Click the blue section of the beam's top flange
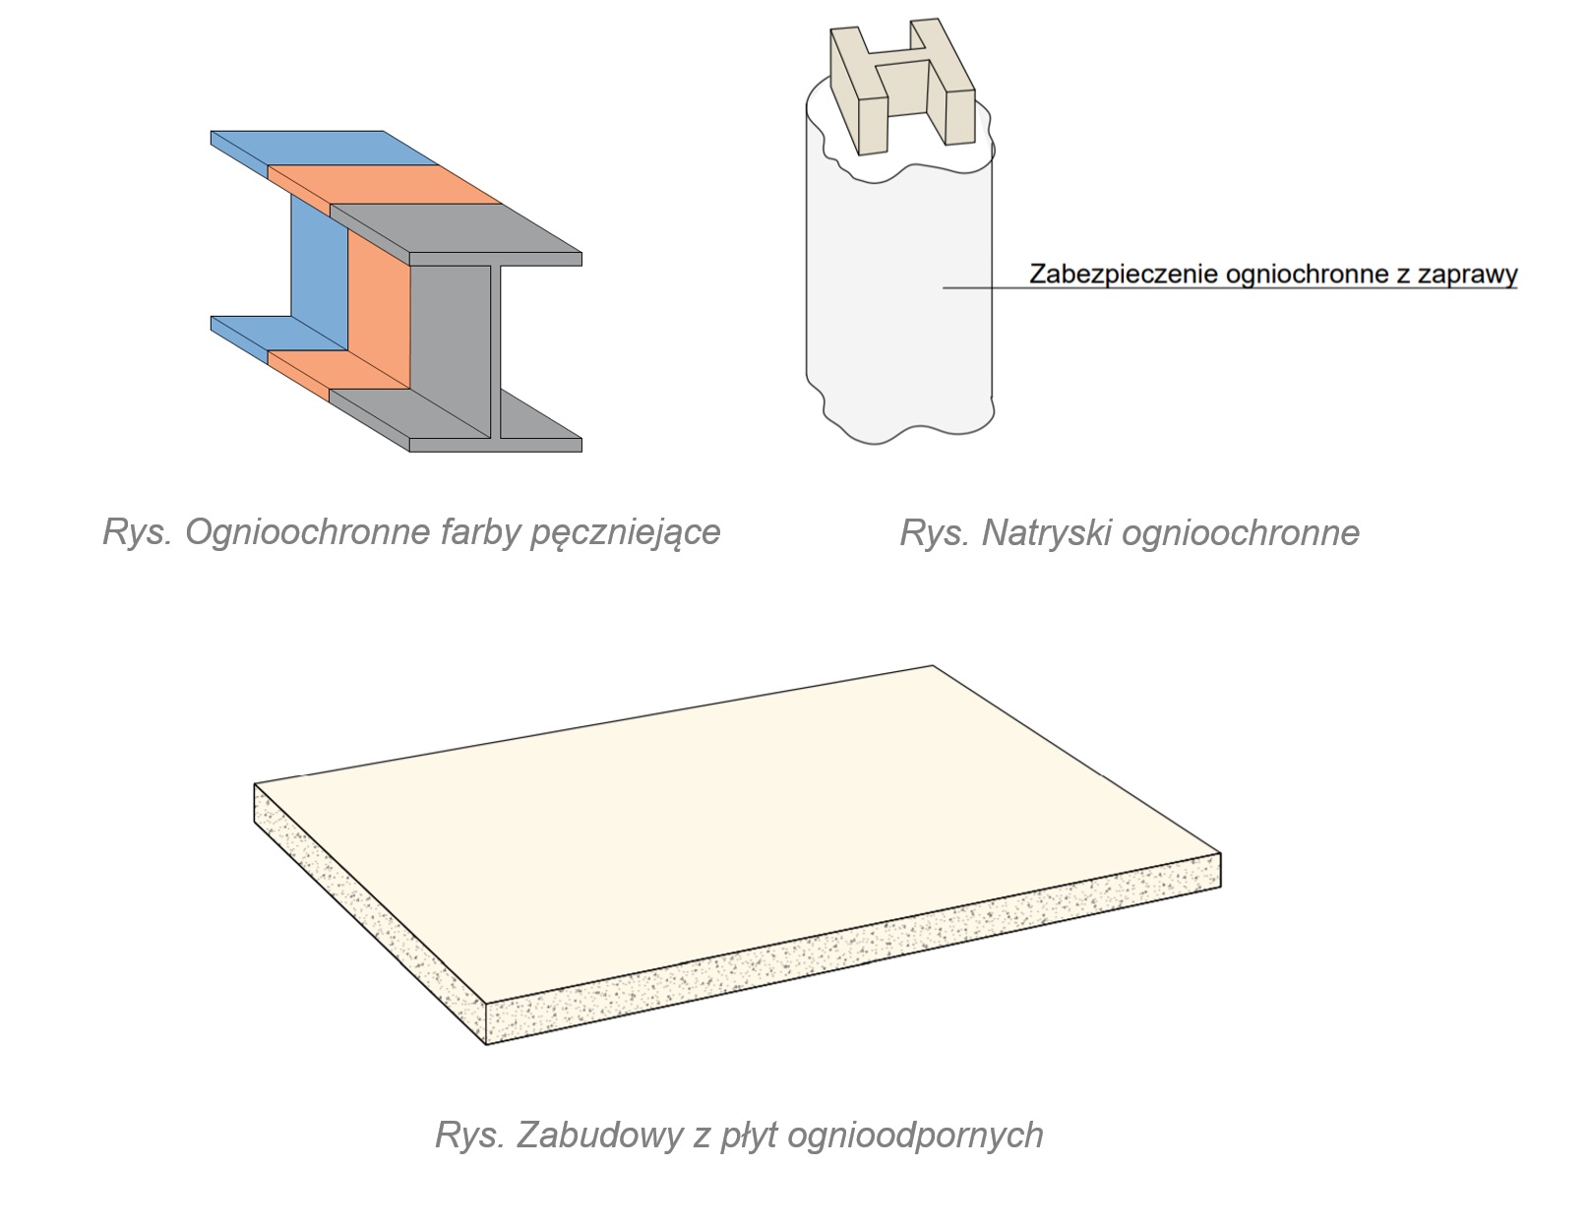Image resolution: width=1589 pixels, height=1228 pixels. pyautogui.click(x=325, y=148)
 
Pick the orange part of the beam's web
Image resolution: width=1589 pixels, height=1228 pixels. pyautogui.click(x=378, y=315)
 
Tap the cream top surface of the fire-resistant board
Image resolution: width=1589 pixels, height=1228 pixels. pyautogui.click(x=738, y=836)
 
